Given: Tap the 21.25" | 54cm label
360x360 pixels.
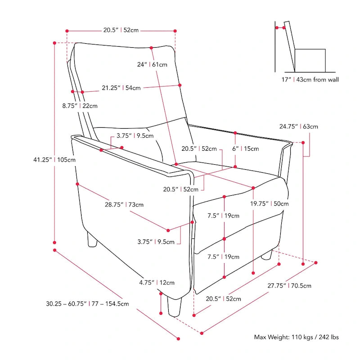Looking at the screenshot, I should coord(121,88).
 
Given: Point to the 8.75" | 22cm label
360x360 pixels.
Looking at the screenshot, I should coord(80,106).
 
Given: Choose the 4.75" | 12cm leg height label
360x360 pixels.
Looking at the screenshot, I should coord(156,283).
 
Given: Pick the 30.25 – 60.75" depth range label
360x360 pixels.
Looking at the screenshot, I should coord(87,304).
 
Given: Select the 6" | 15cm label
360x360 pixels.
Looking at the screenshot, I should coord(246,148).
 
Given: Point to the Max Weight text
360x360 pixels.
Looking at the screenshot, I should coord(297,337).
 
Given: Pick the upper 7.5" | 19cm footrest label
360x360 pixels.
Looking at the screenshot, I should coord(223,216).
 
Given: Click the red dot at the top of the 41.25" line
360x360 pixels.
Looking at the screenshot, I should coord(54,43).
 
